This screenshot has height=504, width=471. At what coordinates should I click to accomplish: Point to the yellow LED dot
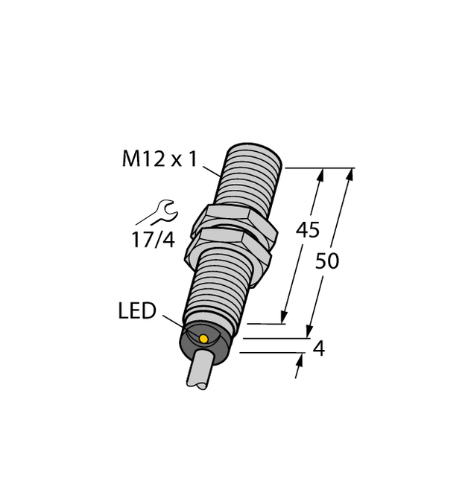click(x=203, y=339)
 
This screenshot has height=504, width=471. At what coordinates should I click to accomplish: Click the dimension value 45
click(x=309, y=230)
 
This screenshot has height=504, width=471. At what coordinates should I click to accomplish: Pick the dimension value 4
click(x=320, y=348)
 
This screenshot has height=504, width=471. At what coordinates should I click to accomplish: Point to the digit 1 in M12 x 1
click(x=192, y=159)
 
